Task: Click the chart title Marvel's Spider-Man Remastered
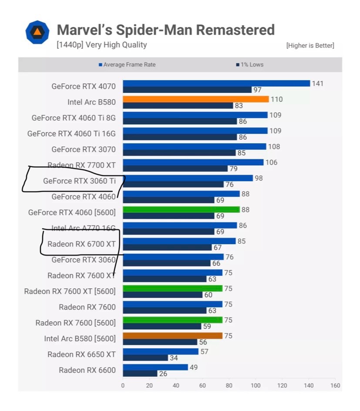pos(166,30)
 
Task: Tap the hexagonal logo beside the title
pos(37,32)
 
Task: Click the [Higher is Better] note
pos(310,45)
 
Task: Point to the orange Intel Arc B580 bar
pos(195,99)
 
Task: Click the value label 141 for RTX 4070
pos(318,83)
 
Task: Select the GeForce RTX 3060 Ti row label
pos(79,181)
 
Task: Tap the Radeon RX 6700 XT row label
pos(81,244)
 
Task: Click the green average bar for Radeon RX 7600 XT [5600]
pos(172,288)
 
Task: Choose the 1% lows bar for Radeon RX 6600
pos(140,374)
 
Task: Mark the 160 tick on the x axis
pos(335,385)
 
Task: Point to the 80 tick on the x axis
pos(229,385)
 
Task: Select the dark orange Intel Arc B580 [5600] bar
pos(172,336)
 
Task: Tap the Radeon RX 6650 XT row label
pos(81,354)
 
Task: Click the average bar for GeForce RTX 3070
pos(194,147)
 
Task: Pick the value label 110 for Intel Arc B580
pos(276,99)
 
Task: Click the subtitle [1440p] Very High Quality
pos(101,45)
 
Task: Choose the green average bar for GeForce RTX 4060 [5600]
pos(181,209)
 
